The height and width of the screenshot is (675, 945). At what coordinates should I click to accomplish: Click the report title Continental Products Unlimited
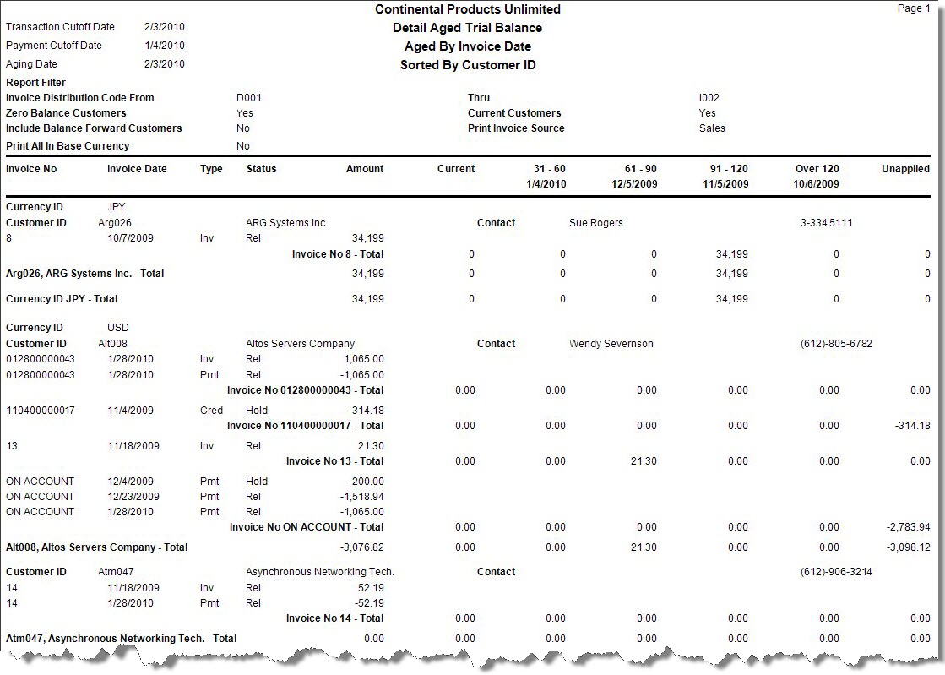click(467, 9)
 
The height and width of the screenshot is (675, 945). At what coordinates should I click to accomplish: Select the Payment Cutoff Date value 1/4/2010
click(164, 46)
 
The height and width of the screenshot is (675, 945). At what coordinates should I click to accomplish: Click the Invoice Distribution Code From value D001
click(249, 98)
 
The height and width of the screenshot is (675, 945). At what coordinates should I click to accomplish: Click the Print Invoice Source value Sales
click(712, 128)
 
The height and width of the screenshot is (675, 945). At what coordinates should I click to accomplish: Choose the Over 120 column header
click(817, 169)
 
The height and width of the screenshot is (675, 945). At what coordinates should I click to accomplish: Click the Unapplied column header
click(905, 169)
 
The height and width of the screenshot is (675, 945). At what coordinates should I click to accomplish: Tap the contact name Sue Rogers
click(596, 223)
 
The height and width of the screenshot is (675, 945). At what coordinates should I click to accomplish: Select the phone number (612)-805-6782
click(836, 344)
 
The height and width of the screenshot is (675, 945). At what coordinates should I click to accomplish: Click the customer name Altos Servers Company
click(300, 344)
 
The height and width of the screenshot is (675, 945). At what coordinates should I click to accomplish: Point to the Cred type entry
click(211, 411)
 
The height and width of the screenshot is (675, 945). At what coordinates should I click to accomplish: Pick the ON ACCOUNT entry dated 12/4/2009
click(40, 482)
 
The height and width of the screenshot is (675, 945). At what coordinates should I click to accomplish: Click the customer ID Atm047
click(116, 572)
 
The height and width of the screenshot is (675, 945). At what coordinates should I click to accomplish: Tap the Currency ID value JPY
click(117, 207)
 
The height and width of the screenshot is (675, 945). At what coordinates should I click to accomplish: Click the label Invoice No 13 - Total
click(334, 461)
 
